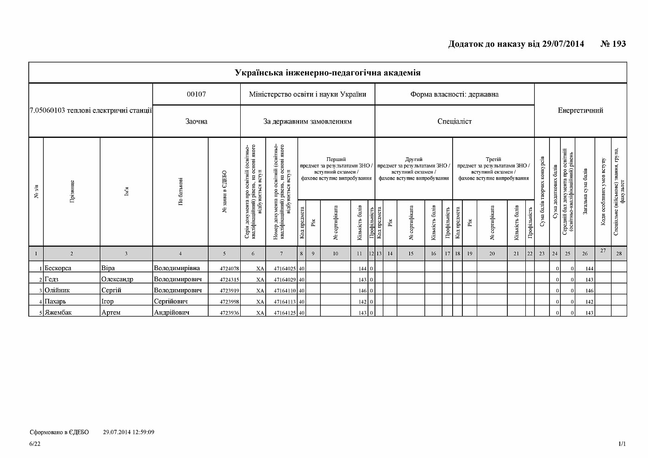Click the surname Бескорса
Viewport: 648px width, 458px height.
click(58, 268)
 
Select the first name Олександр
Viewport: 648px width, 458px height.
click(117, 279)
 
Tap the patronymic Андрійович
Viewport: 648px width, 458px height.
click(171, 312)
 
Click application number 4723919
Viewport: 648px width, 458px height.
click(229, 291)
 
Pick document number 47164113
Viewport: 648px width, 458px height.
click(284, 302)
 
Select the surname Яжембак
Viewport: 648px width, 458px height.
click(58, 312)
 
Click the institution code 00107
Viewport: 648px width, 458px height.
click(196, 94)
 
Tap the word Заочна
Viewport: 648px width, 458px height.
click(196, 121)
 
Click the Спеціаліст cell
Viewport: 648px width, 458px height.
click(454, 121)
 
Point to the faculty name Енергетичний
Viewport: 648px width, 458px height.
click(580, 110)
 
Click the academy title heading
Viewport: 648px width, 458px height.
click(327, 73)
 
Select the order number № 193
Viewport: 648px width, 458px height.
click(613, 44)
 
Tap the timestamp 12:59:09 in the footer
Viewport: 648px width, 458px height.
click(141, 432)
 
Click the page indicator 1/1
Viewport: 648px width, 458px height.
click(622, 444)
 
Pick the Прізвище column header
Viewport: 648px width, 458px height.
click(72, 192)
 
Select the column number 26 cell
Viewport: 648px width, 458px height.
click(585, 254)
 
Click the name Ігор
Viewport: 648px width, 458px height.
click(107, 301)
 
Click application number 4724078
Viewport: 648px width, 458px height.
click(229, 268)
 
